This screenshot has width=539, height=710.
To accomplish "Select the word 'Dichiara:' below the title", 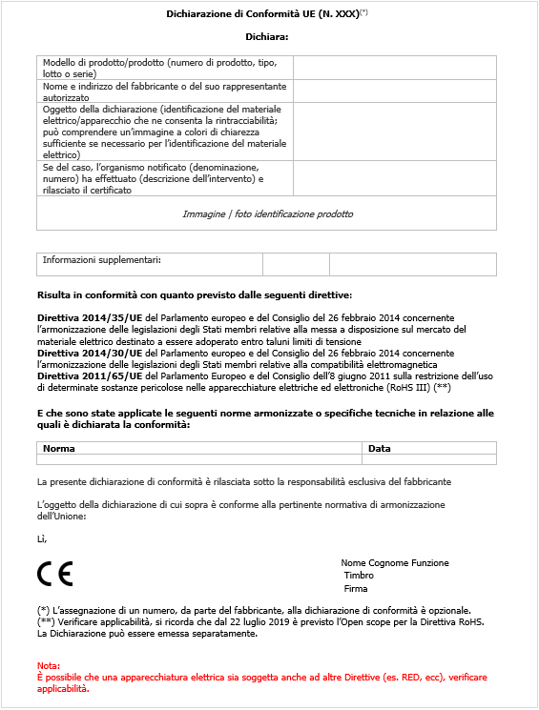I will tap(266, 37).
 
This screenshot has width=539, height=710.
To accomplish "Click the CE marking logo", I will tap(54, 574).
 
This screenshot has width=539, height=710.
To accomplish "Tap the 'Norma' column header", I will tap(59, 448).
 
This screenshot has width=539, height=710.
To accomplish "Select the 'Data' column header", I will tap(379, 448).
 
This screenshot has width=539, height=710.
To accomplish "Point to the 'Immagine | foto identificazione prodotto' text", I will tap(267, 213).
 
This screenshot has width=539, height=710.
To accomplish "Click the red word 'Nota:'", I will tap(49, 664).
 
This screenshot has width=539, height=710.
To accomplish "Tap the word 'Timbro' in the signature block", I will tap(359, 576).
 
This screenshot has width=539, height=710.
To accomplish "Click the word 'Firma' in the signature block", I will tap(356, 589).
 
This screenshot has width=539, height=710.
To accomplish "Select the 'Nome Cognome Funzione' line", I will tap(394, 562).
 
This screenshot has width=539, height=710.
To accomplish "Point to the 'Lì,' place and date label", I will tap(42, 538).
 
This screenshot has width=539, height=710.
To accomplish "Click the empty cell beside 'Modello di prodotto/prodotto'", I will tap(394, 68).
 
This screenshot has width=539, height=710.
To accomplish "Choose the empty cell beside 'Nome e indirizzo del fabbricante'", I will tap(394, 91).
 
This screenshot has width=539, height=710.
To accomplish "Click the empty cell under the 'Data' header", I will tap(429, 459).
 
